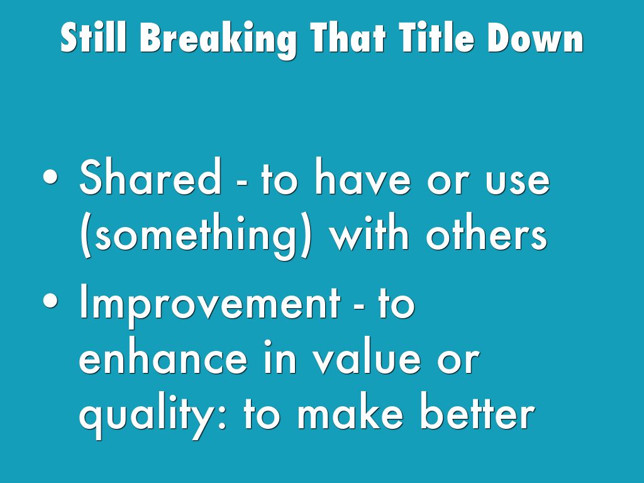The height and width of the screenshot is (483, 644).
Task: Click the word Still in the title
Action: coord(93,37)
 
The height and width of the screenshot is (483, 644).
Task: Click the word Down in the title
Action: coord(536,37)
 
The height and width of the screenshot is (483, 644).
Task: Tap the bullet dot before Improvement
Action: coord(50,301)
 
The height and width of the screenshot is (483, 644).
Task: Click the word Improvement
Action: coord(209,305)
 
